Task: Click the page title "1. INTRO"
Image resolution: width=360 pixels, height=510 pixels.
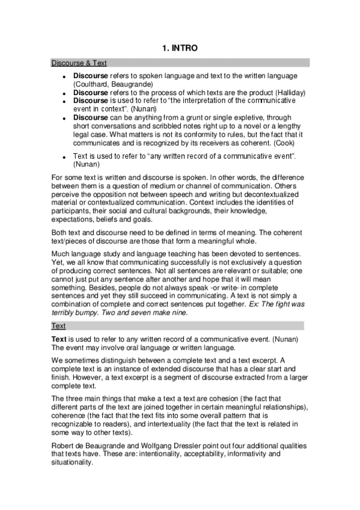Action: (180, 48)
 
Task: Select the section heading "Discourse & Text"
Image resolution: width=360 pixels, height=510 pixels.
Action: (79, 63)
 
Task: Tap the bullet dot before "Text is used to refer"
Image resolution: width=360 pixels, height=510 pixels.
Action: (64, 156)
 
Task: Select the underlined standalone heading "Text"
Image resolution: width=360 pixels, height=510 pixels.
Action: (58, 326)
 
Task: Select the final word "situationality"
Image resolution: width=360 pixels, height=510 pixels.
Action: (73, 462)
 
